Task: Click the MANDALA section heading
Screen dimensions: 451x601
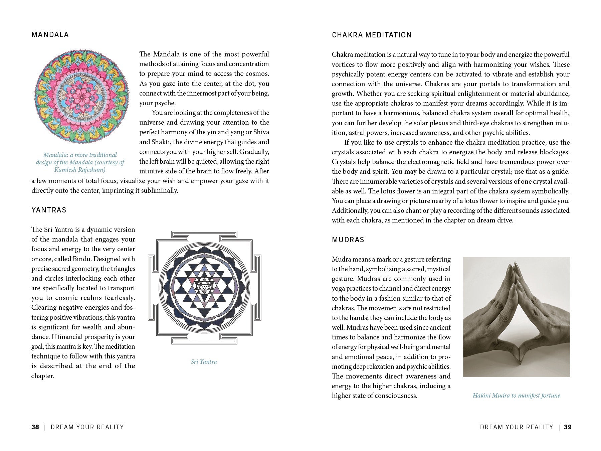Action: (50, 35)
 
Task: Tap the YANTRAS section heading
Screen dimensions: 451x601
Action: (49, 210)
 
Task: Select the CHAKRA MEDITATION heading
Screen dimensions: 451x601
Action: (372, 35)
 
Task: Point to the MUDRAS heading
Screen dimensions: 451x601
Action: (348, 240)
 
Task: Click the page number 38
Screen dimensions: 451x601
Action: (35, 427)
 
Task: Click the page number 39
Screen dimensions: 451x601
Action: (568, 427)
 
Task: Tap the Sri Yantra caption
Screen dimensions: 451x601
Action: (204, 362)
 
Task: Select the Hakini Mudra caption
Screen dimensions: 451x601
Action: (516, 396)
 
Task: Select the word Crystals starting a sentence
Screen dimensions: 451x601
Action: (345, 162)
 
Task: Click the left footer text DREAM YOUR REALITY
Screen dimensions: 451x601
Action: (87, 427)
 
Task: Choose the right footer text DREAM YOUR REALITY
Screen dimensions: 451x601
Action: (517, 427)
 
